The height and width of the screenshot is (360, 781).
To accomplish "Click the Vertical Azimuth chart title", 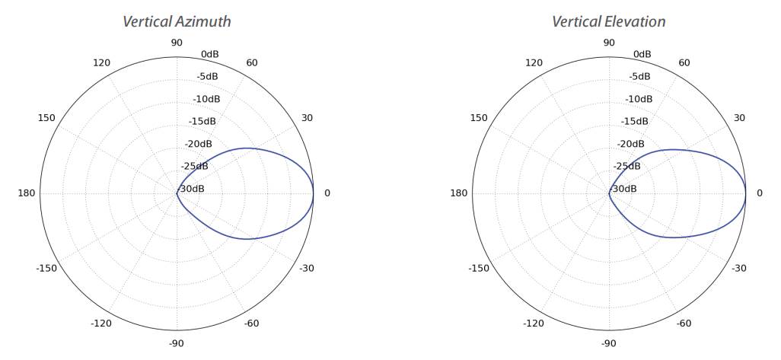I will point(177,21).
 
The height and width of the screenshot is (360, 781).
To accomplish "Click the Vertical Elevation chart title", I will point(609,21).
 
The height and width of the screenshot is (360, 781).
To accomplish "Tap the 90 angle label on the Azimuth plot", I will point(177,43).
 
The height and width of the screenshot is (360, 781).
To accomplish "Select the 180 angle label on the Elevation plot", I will point(459,193).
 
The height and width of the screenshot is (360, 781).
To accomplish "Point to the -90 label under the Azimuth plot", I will point(177,343).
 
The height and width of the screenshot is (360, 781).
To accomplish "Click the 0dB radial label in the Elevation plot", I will point(642,54).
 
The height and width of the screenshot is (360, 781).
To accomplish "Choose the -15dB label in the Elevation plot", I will point(634,121).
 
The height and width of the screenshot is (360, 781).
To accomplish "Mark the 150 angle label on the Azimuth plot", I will point(46,118).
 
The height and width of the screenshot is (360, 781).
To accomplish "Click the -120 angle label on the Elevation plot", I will point(534,323).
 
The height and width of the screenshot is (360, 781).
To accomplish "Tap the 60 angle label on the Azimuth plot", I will point(252,62).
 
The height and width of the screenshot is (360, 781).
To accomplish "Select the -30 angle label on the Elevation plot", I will point(739,268).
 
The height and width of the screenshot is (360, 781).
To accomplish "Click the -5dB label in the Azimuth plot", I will point(207,76).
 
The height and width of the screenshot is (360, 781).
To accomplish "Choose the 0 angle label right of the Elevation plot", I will point(759,193).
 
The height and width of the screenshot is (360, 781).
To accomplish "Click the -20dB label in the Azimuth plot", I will point(199,144).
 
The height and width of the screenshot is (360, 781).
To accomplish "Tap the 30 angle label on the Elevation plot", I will point(739,118).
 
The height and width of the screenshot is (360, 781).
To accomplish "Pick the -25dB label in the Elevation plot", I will point(628,166).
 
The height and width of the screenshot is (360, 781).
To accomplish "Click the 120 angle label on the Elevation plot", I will point(534,62).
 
